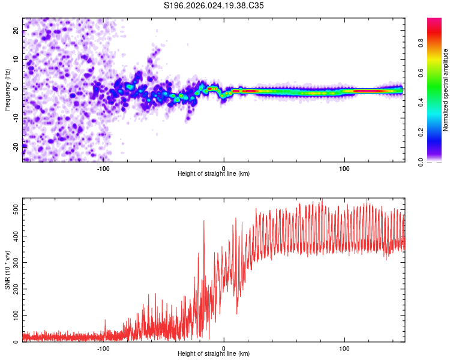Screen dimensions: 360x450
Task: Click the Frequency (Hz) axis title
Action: pyautogui.click(x=7, y=89)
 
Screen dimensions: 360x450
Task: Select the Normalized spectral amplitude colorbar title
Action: pyautogui.click(x=446, y=90)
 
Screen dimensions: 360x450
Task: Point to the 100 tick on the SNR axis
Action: pyautogui.click(x=14, y=315)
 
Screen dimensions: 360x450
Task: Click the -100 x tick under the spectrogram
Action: pyautogui.click(x=103, y=169)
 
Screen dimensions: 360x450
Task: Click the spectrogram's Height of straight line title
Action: pyautogui.click(x=214, y=174)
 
